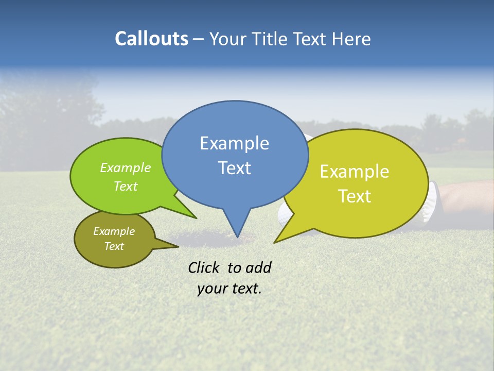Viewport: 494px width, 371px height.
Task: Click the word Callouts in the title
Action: [151, 39]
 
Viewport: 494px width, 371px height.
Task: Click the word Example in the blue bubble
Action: [234, 143]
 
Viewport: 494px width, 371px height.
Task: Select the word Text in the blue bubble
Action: [234, 168]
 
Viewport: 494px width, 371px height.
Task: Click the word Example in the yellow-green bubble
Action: [355, 172]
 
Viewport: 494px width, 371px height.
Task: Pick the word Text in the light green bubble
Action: [126, 186]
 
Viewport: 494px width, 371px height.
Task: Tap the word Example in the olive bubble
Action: [114, 231]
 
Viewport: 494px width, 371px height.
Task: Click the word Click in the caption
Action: [204, 267]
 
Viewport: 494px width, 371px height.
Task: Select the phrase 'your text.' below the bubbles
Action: [229, 289]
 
